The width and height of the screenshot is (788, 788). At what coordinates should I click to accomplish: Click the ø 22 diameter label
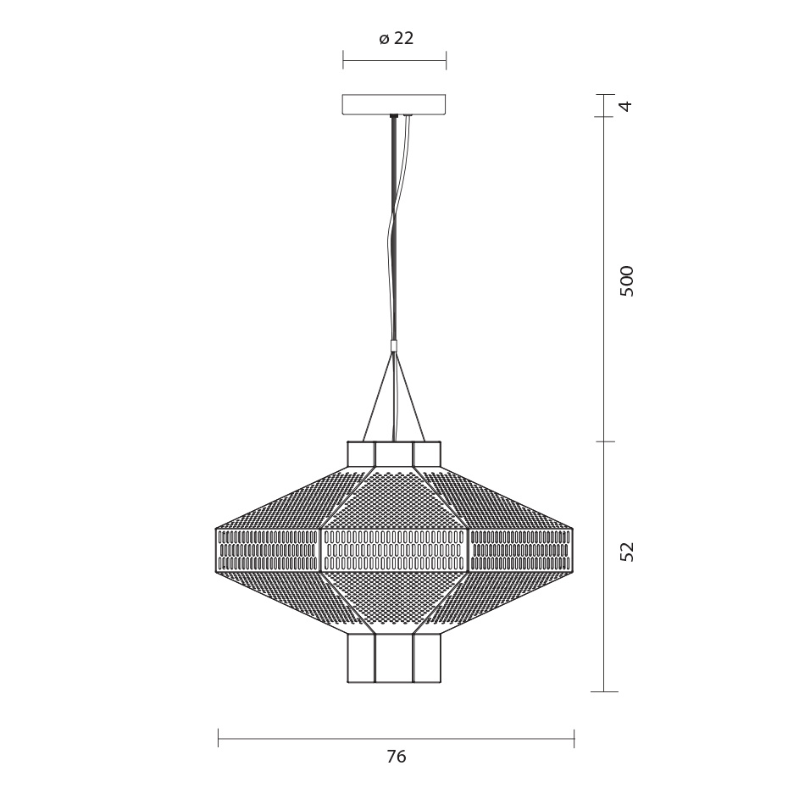click(x=396, y=38)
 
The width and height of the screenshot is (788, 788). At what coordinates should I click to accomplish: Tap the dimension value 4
click(x=625, y=106)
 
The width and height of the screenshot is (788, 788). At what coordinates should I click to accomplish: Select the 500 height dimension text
click(x=627, y=281)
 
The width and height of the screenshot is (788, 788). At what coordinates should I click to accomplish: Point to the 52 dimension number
click(x=627, y=552)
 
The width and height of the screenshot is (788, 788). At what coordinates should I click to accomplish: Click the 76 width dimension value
click(x=396, y=756)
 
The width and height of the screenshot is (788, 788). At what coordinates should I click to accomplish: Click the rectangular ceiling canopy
click(x=394, y=104)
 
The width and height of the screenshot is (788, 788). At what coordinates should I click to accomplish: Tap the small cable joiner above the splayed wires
click(x=395, y=346)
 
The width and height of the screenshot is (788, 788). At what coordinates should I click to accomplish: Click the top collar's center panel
click(x=394, y=455)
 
